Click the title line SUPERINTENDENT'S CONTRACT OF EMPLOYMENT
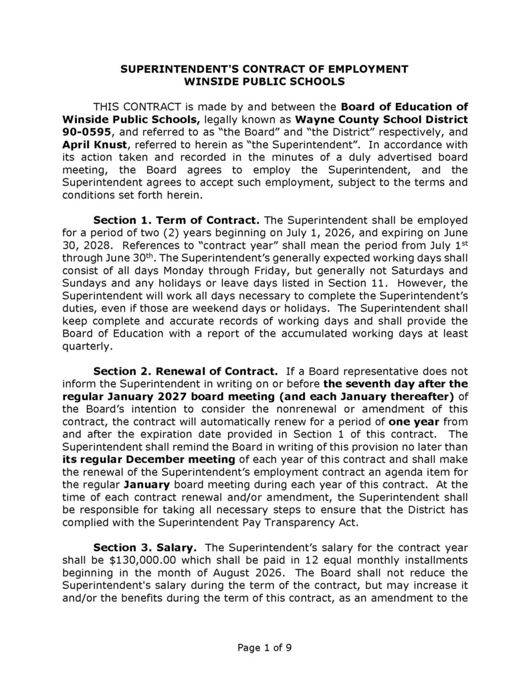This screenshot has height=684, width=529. (264, 69)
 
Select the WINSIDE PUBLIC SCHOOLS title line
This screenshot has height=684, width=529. (264, 81)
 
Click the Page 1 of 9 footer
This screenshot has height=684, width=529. (265, 647)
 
